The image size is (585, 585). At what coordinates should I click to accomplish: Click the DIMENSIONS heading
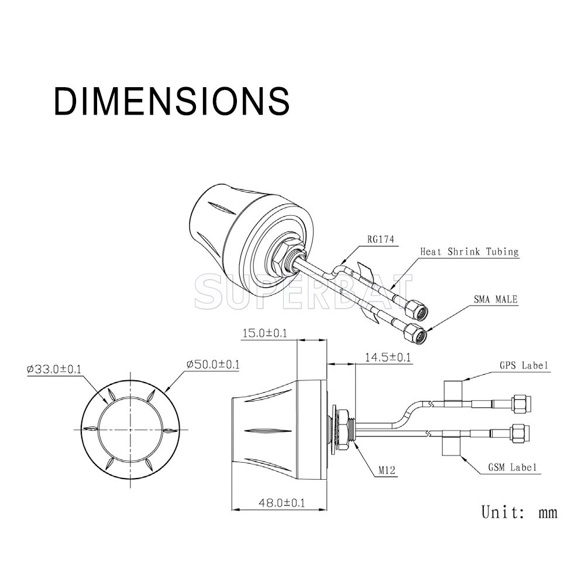[171, 101]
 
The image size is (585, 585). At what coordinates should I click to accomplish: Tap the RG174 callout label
[381, 239]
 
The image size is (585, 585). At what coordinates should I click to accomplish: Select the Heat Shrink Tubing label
[469, 252]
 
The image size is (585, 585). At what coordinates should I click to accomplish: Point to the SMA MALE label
[495, 299]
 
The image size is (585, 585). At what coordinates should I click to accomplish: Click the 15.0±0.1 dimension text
[265, 333]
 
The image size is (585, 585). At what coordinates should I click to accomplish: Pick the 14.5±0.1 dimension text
[388, 357]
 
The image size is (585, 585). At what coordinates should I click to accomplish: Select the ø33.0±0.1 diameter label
[54, 369]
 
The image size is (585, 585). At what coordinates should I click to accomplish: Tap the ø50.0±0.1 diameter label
[213, 364]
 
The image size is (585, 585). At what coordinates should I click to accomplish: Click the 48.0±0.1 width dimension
[282, 503]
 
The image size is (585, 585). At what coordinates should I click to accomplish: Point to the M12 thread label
[387, 470]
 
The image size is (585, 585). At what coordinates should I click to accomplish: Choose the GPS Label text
[524, 365]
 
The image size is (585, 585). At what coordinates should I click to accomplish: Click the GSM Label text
[512, 467]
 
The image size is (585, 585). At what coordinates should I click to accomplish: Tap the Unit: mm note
[519, 512]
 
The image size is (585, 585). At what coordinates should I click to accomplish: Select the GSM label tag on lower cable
[452, 443]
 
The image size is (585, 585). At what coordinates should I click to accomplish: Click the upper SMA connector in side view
[522, 404]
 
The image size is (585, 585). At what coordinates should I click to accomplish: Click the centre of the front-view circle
[130, 429]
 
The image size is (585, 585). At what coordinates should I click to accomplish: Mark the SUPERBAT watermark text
[303, 291]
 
